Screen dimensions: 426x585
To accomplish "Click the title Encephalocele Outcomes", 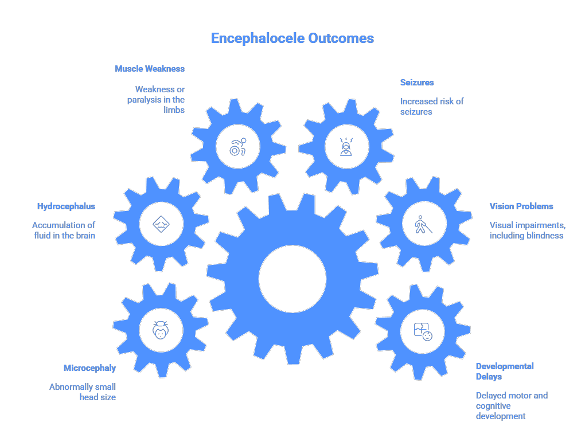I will tap(292, 38).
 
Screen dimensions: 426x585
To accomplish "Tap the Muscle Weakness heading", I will tap(150, 69).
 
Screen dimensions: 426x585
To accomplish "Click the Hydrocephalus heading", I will tap(66, 206).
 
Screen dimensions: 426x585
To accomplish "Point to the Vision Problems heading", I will tap(521, 206).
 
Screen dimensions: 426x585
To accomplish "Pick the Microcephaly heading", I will tap(89, 368).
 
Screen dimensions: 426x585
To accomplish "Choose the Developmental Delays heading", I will tap(505, 372).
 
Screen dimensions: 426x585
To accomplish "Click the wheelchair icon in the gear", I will tap(237, 147).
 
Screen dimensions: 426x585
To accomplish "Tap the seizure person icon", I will tap(346, 147).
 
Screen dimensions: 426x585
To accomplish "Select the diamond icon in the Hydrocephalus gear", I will tap(161, 224).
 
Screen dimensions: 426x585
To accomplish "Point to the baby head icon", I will tap(161, 330).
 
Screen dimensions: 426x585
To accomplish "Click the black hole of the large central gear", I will tap(292, 279).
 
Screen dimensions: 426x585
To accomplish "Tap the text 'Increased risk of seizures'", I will tap(432, 107).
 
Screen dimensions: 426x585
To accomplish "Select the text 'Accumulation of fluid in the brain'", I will tap(64, 230).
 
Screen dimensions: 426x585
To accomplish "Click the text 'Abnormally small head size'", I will tap(83, 392).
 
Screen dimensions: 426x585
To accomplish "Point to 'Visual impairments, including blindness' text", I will tap(526, 230).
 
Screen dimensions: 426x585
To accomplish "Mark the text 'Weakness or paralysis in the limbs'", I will tap(157, 100).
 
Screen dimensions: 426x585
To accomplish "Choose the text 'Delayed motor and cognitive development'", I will tap(512, 405).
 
